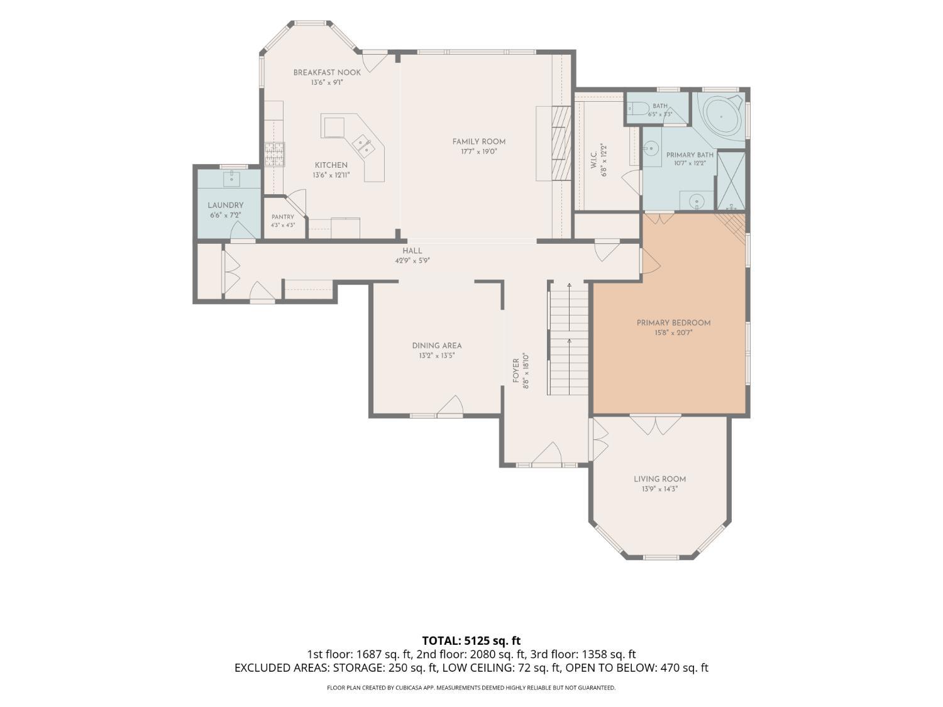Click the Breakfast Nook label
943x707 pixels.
(x=327, y=72)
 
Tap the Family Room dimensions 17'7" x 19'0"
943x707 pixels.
(x=478, y=151)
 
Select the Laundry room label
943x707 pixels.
(x=226, y=206)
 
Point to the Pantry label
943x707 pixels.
(x=283, y=217)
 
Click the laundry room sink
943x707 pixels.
(x=232, y=178)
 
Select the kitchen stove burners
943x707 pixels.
(x=274, y=154)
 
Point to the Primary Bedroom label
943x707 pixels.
(x=673, y=323)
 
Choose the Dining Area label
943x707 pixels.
(x=437, y=346)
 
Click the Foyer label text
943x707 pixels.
(x=516, y=371)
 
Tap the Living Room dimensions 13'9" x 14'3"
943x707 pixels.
(x=659, y=489)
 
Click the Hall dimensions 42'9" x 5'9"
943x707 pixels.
(x=412, y=261)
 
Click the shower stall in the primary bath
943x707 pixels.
(x=731, y=181)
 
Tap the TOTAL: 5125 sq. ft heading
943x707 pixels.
(x=472, y=641)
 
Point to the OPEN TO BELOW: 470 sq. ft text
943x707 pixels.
(x=637, y=668)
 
